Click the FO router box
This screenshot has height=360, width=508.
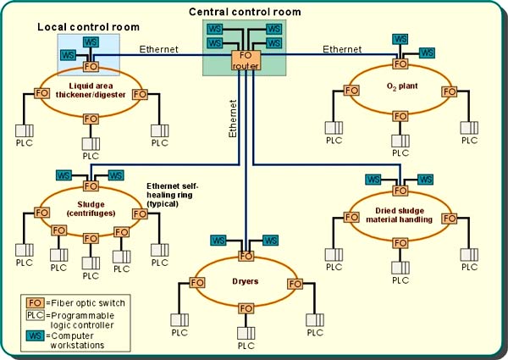246,59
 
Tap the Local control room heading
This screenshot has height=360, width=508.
88,27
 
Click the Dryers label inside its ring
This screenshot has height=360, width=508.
246,280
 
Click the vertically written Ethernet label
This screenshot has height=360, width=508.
230,119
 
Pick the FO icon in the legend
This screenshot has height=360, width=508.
36,302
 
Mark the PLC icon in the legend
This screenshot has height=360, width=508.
36,317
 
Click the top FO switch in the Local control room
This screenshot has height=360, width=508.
89,65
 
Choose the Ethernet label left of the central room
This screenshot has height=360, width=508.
159,50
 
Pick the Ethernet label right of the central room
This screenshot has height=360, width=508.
342,50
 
